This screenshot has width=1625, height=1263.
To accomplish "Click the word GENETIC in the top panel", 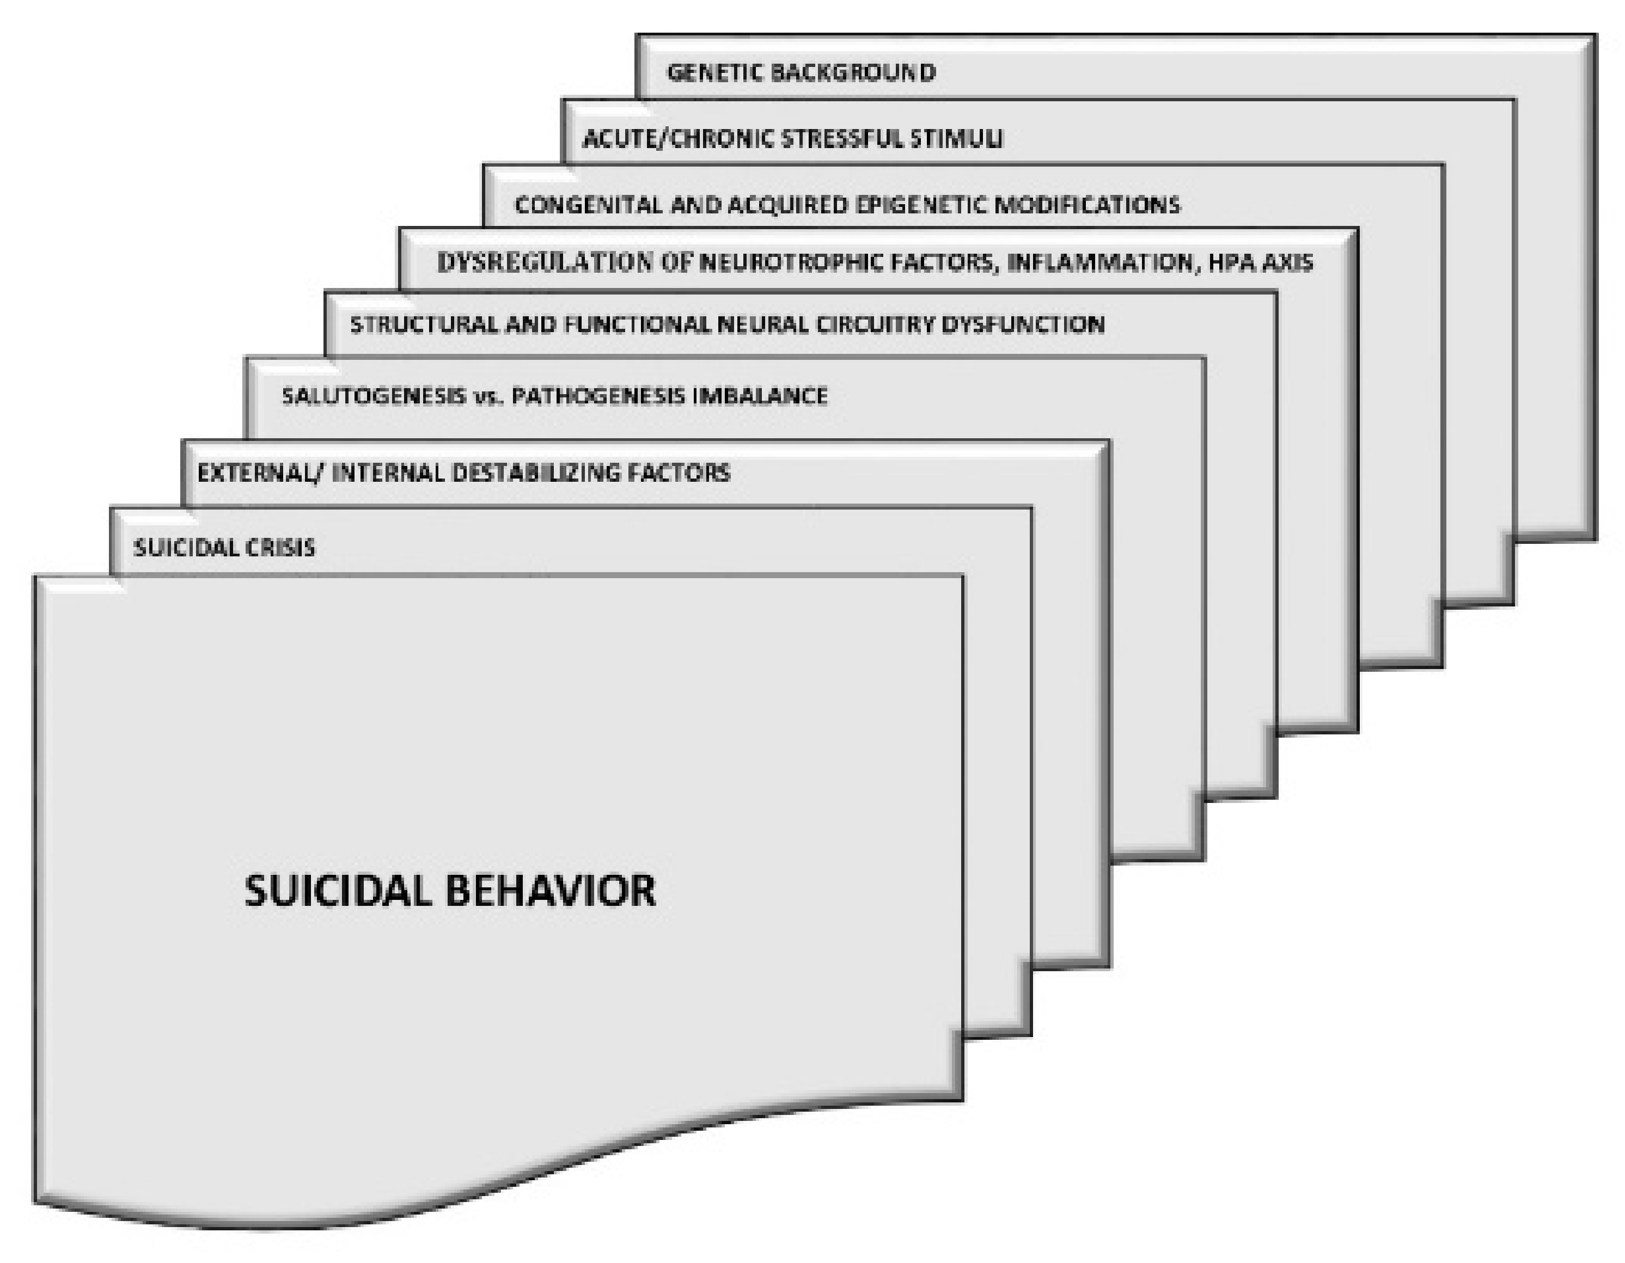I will coord(714,73).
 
